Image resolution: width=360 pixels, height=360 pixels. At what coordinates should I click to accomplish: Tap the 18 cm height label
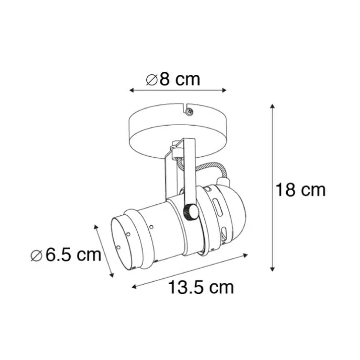pyautogui.click(x=301, y=190)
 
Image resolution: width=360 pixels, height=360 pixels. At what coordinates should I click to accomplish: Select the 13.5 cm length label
pyautogui.click(x=201, y=287)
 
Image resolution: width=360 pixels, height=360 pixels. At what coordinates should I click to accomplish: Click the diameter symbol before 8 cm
pyautogui.click(x=151, y=80)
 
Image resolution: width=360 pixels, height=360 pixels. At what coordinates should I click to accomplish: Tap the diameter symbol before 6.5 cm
pyautogui.click(x=36, y=256)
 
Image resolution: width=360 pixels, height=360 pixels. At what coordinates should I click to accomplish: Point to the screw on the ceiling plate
pyautogui.click(x=190, y=111)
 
